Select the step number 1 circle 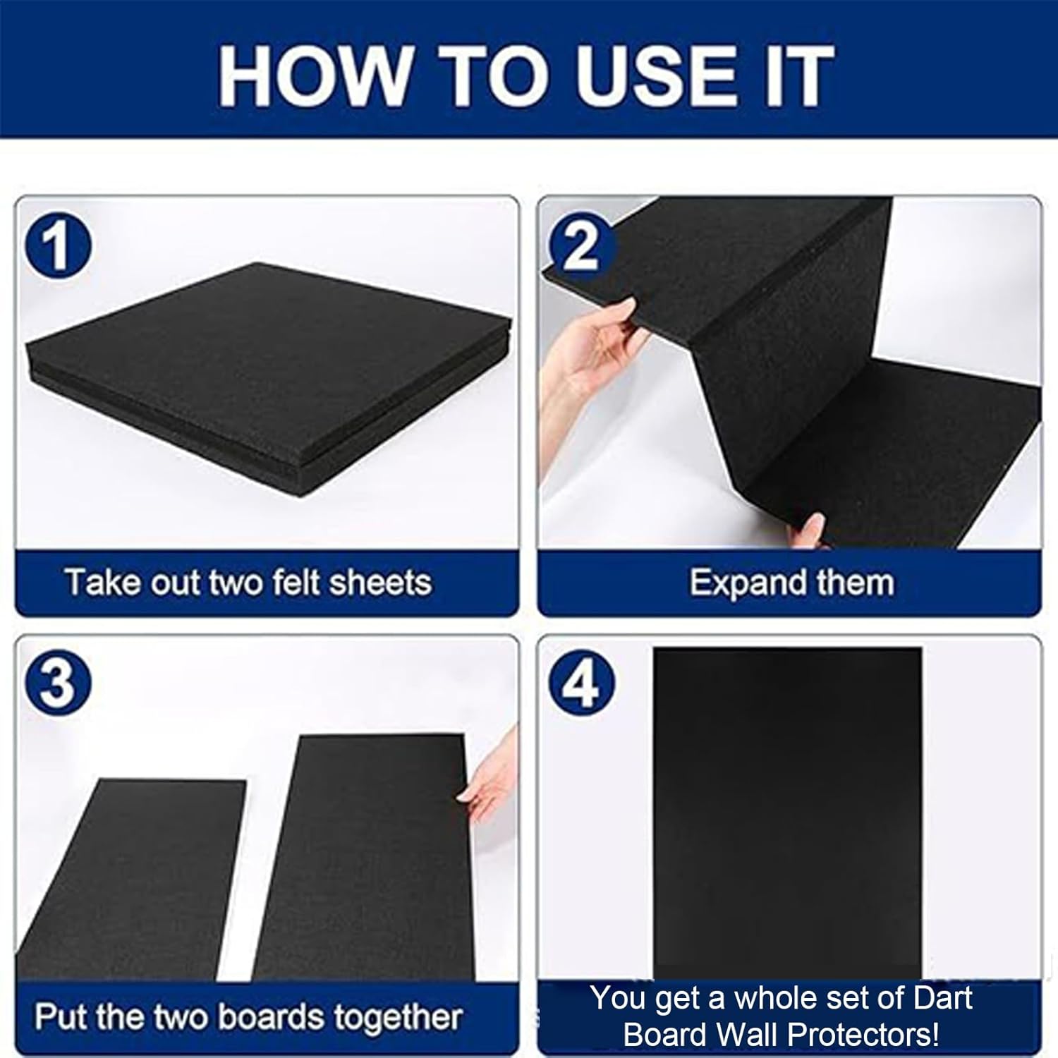click(x=58, y=247)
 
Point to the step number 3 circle click(x=58, y=683)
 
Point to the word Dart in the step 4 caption click(x=942, y=998)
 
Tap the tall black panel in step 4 click(x=786, y=811)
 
